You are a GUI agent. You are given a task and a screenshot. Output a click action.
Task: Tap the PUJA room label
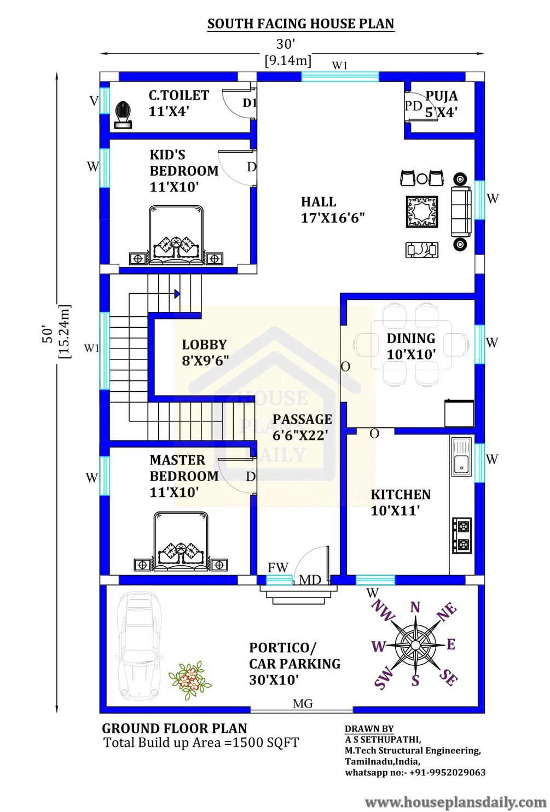click(x=441, y=104)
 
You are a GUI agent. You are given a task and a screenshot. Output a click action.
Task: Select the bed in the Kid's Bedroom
click(x=176, y=235)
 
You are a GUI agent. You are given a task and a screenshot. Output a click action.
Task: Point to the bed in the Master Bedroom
click(x=181, y=541)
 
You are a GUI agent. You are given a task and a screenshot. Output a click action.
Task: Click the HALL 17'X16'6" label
click(x=333, y=210)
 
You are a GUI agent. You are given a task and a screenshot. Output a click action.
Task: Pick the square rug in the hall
click(x=421, y=212)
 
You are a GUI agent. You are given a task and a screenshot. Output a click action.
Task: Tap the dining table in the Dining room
click(x=411, y=346)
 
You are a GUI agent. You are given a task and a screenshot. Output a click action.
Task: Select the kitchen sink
click(x=461, y=456)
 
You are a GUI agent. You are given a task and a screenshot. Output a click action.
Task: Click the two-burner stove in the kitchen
click(x=461, y=536)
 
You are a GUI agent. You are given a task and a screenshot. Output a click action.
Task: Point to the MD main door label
click(x=310, y=580)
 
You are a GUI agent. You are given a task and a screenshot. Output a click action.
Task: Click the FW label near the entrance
click(x=277, y=567)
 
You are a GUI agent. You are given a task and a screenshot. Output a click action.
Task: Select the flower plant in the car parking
click(x=189, y=680)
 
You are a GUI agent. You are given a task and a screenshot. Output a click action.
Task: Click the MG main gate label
click(x=303, y=704)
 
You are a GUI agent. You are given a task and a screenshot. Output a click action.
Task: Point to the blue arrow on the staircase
click(x=177, y=294)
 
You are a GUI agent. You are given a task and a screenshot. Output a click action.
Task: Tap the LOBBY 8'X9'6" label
click(x=205, y=352)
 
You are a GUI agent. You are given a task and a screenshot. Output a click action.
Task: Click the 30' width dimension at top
click(x=286, y=44)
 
